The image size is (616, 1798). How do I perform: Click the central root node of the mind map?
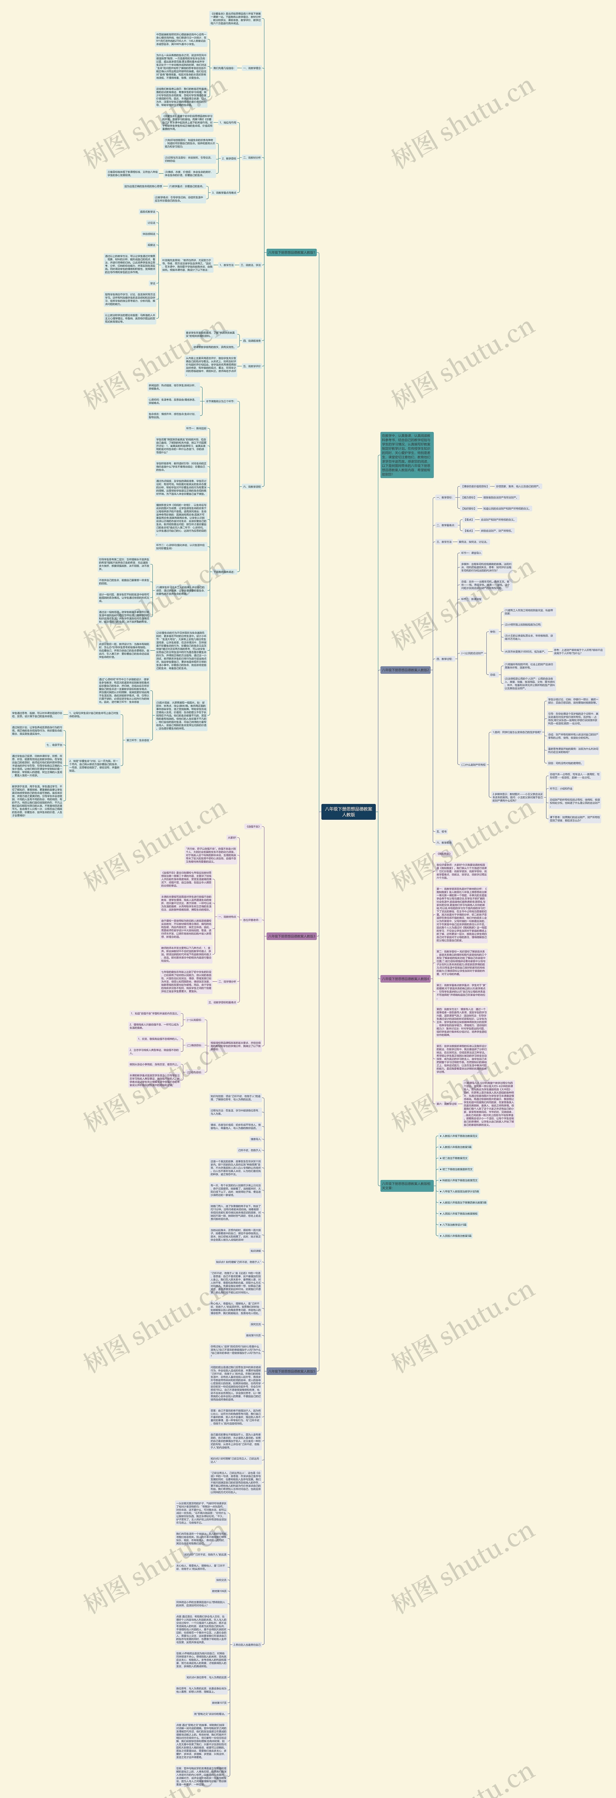pos(348,812)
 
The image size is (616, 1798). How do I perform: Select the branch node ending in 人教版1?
pos(292,253)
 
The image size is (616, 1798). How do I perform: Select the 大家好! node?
pos(232,838)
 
